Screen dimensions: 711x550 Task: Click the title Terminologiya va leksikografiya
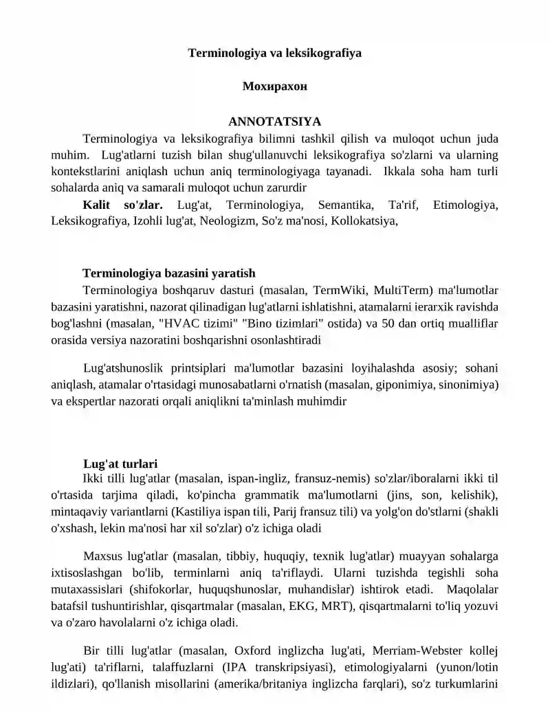coord(275,52)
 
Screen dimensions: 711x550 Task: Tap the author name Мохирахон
coord(274,87)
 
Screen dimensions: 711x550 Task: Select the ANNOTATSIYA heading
coord(274,122)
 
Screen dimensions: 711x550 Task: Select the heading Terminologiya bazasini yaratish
coord(169,273)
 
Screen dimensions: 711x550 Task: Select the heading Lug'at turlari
coord(120,464)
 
